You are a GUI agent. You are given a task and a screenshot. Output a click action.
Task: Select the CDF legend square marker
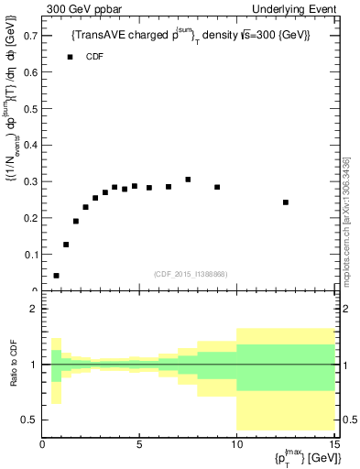tap(70, 57)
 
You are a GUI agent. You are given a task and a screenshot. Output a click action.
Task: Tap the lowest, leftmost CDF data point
tap(57, 275)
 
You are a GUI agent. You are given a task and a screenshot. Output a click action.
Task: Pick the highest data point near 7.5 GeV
tap(188, 180)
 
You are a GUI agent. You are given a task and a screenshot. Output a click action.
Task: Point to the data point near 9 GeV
tap(217, 187)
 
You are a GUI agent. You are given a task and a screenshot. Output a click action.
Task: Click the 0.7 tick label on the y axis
tap(30, 36)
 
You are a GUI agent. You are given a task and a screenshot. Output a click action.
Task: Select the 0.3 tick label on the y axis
tap(30, 181)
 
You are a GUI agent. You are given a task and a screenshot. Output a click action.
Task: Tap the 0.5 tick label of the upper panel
tap(30, 109)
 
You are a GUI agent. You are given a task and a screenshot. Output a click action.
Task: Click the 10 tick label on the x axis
tap(236, 444)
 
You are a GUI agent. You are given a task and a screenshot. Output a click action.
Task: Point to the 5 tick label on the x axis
tap(139, 444)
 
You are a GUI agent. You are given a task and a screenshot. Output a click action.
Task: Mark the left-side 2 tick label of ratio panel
tap(34, 309)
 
